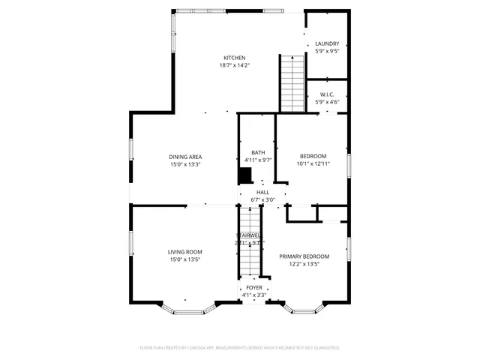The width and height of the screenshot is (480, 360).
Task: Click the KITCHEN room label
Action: point(235,58)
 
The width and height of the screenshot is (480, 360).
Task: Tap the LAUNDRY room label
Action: point(327,44)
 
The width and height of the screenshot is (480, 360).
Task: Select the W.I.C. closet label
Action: point(327,94)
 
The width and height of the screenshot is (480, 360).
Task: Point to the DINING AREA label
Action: point(184,157)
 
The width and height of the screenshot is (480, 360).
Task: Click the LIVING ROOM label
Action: point(184,252)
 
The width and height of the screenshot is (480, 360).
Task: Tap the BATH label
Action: point(258,152)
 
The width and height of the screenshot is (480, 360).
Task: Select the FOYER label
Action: point(254,287)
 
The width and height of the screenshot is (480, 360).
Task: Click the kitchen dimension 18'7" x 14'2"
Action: point(235,65)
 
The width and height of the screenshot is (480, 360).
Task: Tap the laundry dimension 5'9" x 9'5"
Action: point(327,52)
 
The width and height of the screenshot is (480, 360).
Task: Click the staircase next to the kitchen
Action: point(290,82)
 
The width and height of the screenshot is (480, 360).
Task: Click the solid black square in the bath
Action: point(244,175)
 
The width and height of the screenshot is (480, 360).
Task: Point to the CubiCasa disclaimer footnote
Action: point(240,348)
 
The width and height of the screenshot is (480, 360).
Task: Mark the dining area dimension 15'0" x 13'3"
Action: point(184,164)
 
